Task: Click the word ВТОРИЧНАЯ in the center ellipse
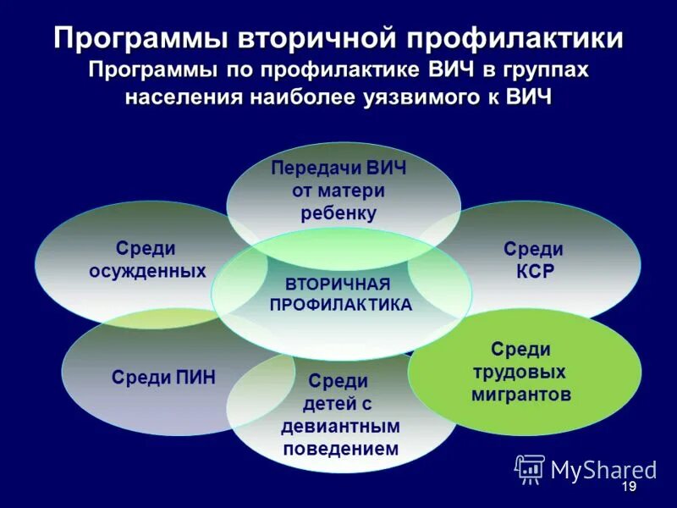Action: click(x=338, y=283)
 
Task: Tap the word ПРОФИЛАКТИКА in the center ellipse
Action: click(x=341, y=304)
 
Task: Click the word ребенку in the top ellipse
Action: click(x=338, y=213)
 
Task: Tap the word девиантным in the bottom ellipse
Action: click(x=340, y=427)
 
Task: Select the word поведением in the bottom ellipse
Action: click(x=340, y=449)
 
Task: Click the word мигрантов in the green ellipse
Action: click(x=521, y=394)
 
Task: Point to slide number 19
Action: click(x=628, y=488)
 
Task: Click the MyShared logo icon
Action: click(x=530, y=468)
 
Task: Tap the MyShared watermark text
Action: click(x=603, y=470)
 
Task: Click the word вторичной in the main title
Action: click(x=311, y=39)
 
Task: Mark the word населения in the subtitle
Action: click(x=181, y=97)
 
